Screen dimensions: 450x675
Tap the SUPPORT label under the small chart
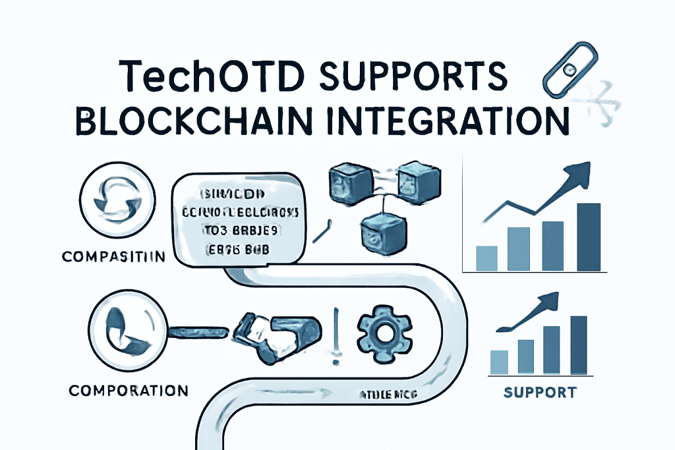(540, 393)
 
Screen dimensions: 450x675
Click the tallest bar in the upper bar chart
(589, 237)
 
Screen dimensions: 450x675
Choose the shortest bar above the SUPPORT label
(500, 362)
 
